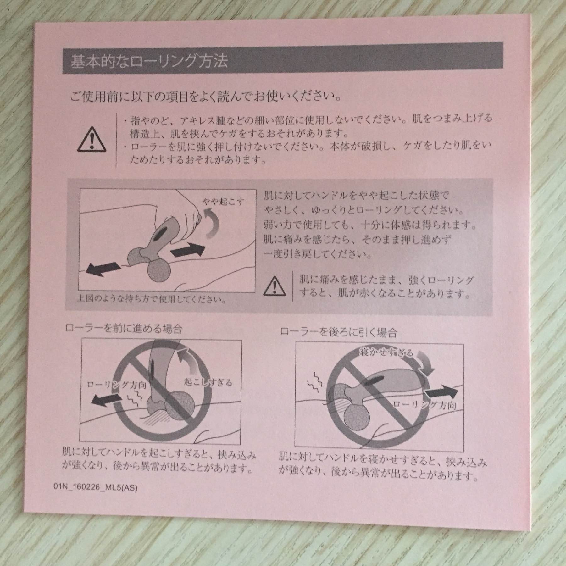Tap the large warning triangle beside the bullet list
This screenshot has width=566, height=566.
tap(91, 138)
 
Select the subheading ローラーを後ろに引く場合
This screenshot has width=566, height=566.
tap(338, 332)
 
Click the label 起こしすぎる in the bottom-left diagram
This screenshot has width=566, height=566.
tap(208, 382)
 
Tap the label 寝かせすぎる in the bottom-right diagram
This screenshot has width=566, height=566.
tap(386, 353)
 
